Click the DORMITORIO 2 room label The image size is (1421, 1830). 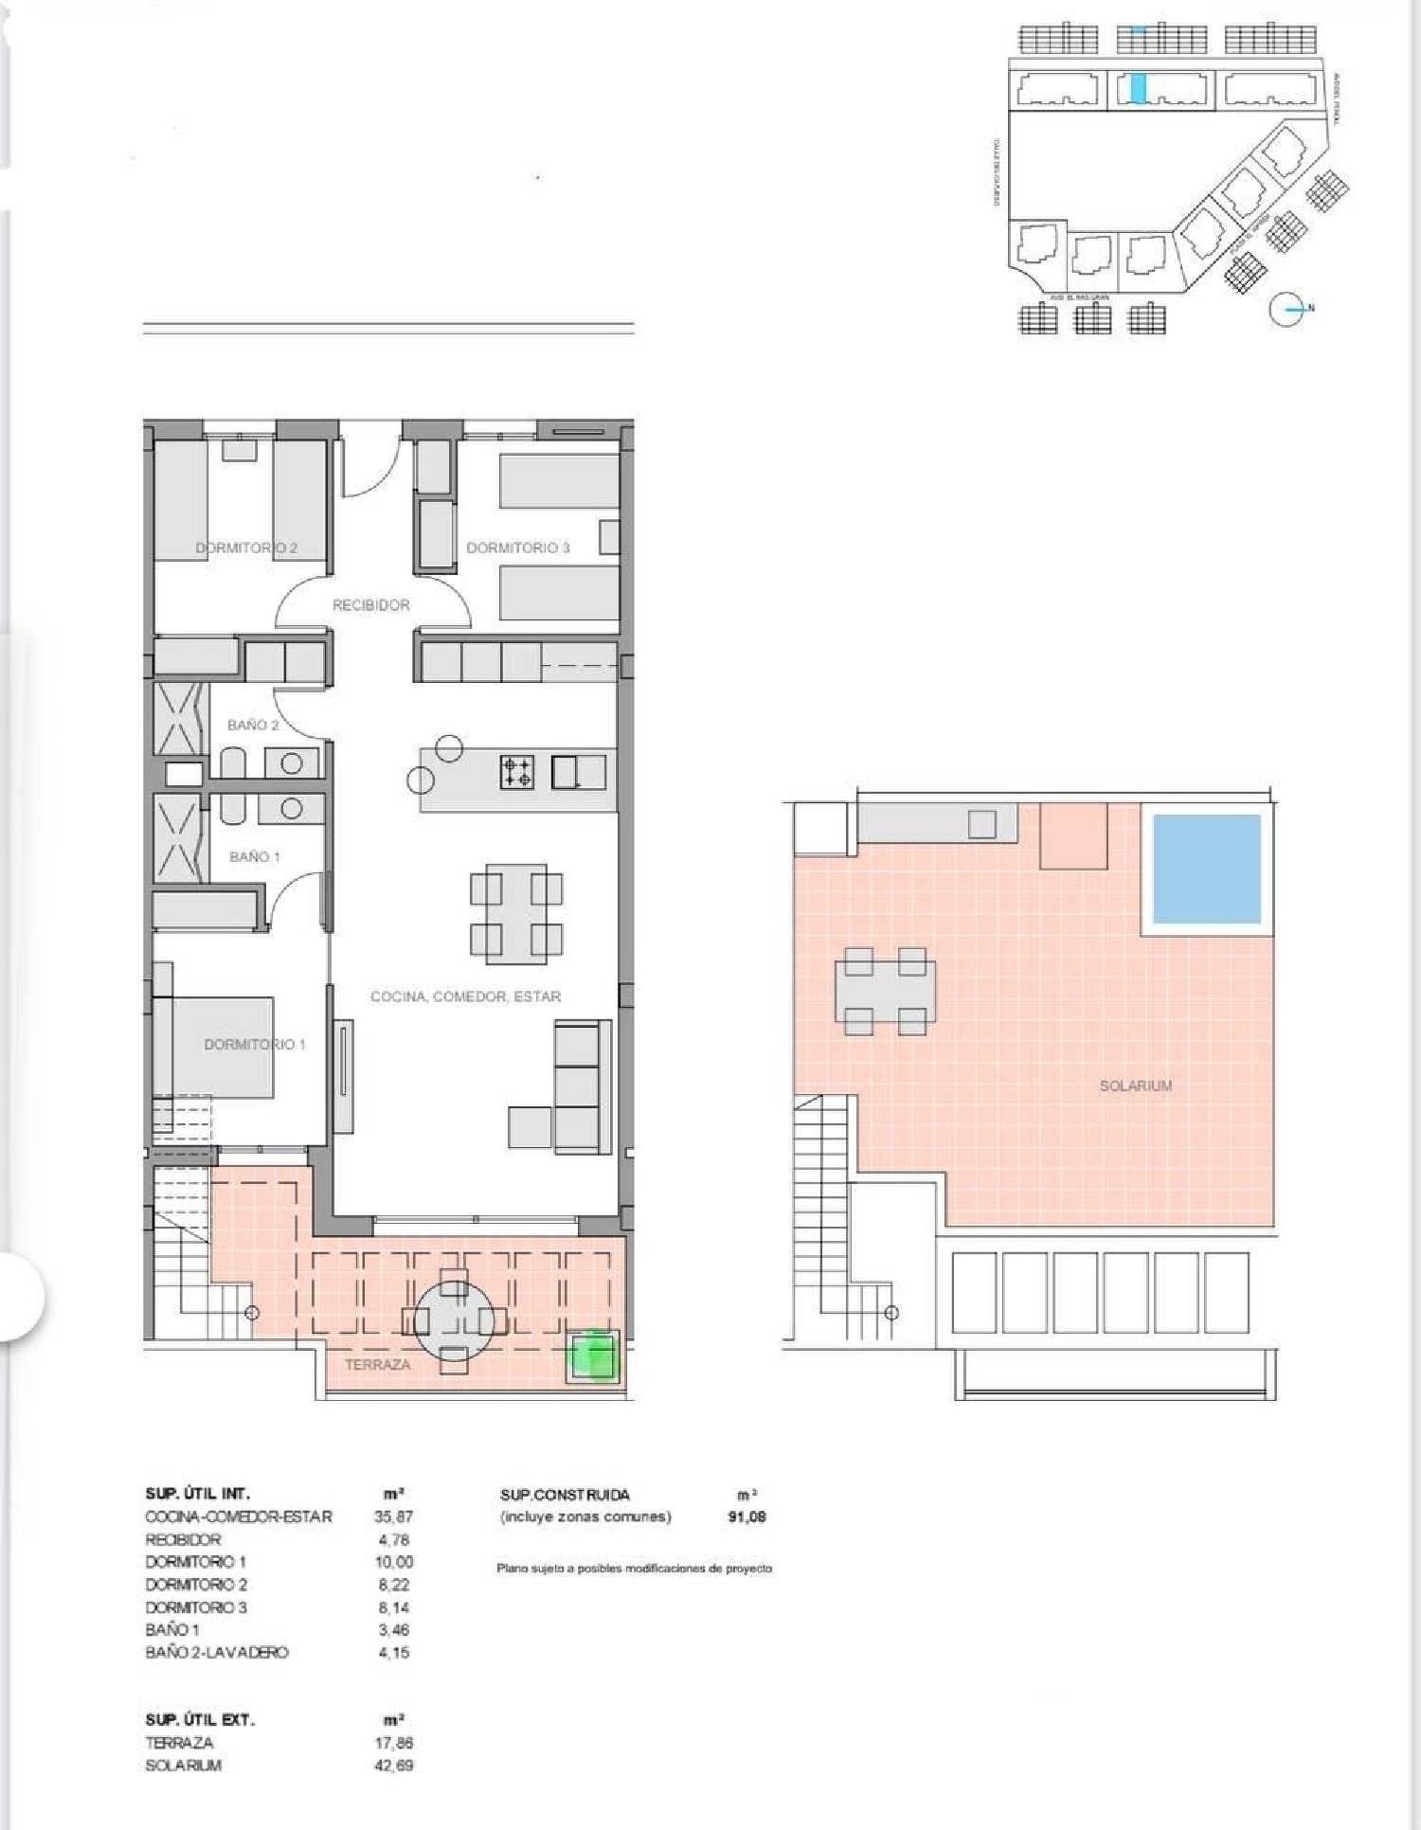tap(246, 547)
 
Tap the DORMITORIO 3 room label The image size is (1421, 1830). tap(517, 547)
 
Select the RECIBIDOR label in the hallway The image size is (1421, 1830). tap(370, 604)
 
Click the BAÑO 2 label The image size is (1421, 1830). tap(253, 725)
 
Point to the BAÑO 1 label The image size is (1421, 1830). tap(254, 856)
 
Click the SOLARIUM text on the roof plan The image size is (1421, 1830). tap(1135, 1085)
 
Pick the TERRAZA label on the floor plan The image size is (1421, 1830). tap(377, 1364)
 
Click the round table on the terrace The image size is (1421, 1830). tap(454, 1320)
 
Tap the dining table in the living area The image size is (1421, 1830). tap(515, 914)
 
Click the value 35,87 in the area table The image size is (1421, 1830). tap(393, 1516)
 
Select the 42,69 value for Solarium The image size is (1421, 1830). tap(393, 1766)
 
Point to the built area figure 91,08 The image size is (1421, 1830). tap(746, 1516)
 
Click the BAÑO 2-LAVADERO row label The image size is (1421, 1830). tap(216, 1652)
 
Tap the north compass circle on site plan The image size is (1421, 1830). tap(1286, 309)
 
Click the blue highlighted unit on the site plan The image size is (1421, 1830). tap(1138, 88)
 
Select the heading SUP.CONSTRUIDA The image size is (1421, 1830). tap(565, 1495)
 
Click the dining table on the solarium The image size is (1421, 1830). tap(885, 991)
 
